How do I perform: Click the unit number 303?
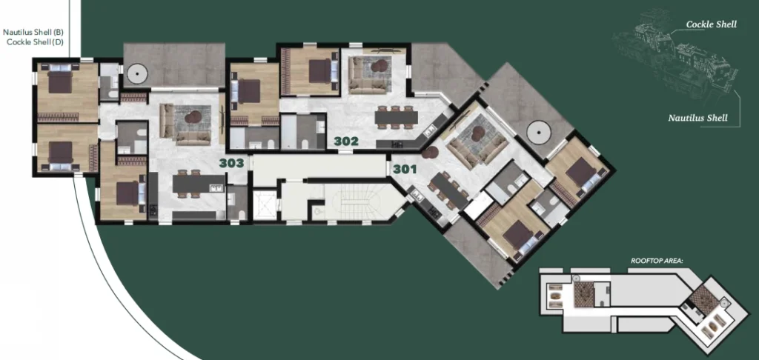[x=231, y=163]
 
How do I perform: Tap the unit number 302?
[x=346, y=141]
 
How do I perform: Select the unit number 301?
[x=405, y=170]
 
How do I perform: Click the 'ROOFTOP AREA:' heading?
[x=657, y=261]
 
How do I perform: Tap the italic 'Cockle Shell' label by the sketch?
[x=712, y=24]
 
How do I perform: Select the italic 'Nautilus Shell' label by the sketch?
[x=698, y=118]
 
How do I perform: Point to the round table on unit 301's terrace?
[x=538, y=133]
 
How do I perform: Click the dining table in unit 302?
[x=396, y=117]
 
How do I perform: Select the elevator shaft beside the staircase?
[x=265, y=205]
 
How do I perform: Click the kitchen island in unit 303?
[x=199, y=184]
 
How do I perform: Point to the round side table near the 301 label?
[x=429, y=153]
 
